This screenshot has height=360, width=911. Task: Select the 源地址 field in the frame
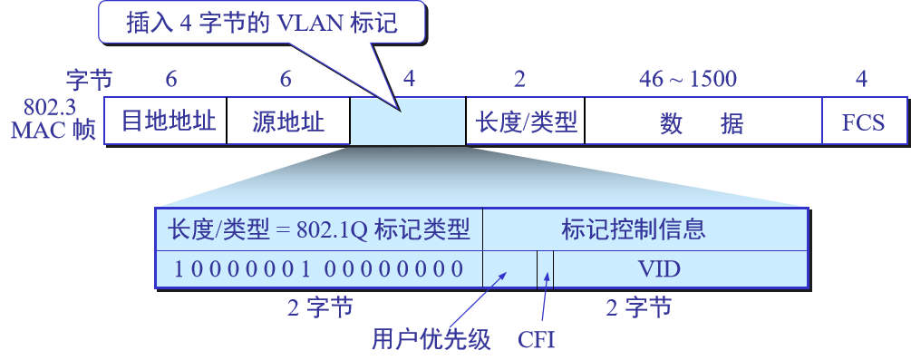(x=287, y=122)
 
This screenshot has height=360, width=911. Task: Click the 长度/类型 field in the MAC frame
(x=525, y=122)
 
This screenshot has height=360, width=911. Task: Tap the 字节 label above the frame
(x=88, y=79)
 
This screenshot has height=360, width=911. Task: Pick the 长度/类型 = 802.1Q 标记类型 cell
(x=319, y=229)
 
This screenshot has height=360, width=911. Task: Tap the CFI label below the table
(x=536, y=340)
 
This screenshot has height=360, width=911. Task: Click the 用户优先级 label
(x=431, y=340)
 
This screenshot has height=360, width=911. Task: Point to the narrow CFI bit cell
(x=545, y=268)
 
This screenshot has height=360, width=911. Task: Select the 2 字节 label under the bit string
(x=320, y=308)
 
